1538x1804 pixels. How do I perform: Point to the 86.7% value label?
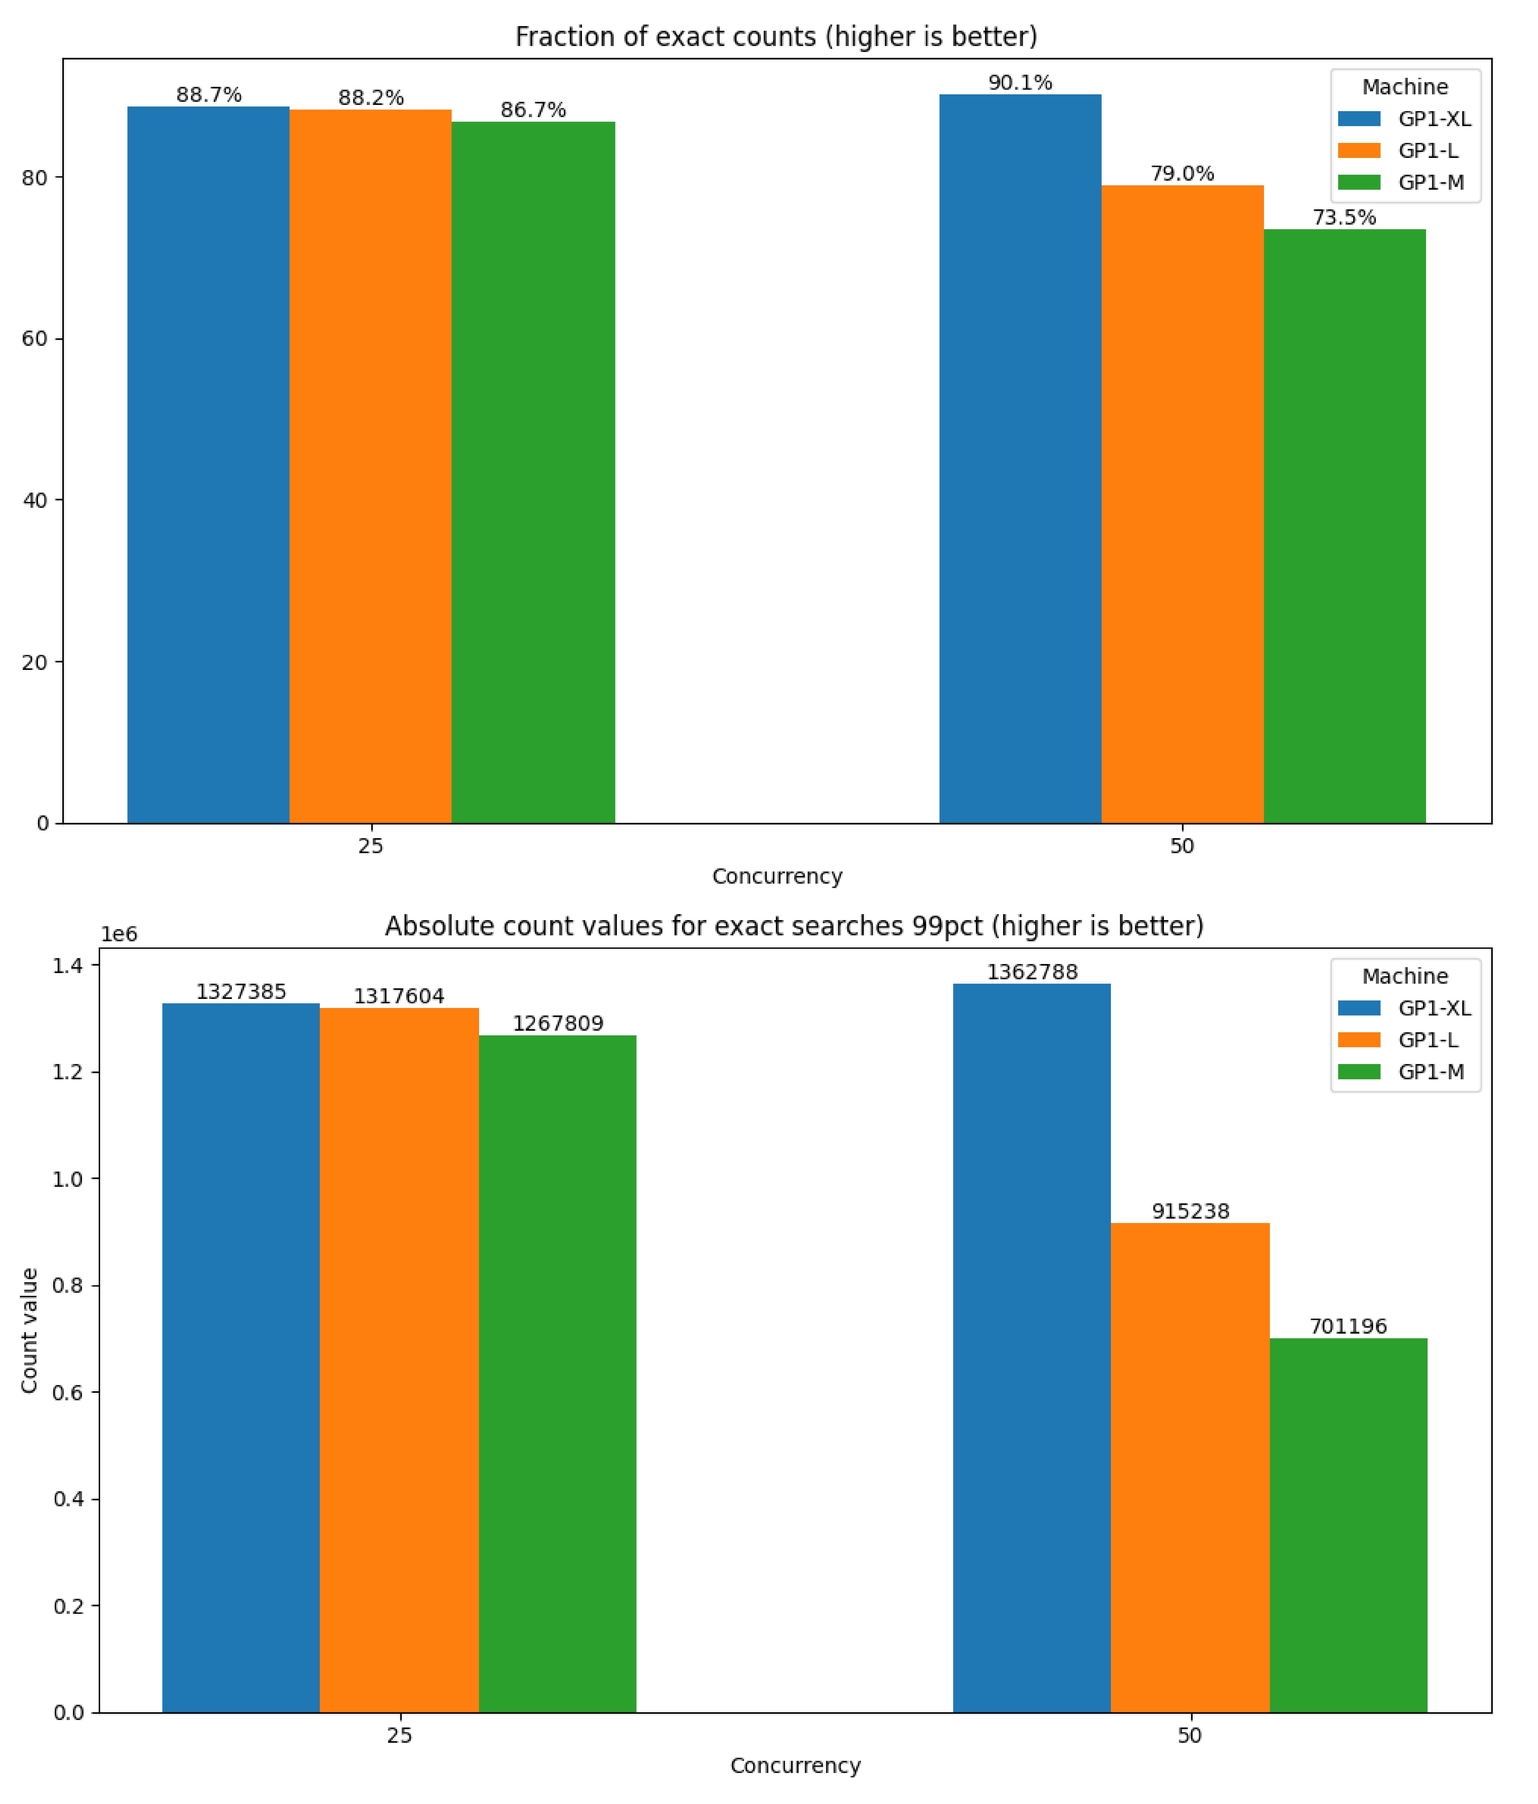[x=533, y=110]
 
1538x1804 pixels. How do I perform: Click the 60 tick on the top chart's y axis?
[x=34, y=339]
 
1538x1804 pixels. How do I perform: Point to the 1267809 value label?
[x=557, y=1023]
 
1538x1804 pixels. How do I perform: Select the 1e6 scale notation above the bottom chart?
[x=119, y=934]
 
